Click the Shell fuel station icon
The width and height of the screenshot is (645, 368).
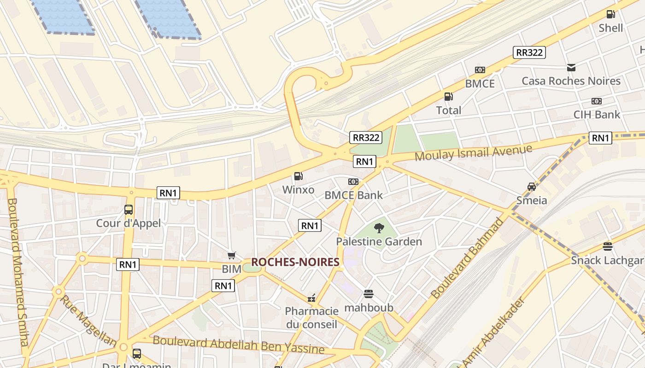[x=610, y=14]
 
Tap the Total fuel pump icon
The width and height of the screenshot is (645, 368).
[x=448, y=97]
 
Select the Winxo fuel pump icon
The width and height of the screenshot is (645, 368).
[x=298, y=176]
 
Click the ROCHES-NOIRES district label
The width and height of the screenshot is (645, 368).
[x=295, y=262]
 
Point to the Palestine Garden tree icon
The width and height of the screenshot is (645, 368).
[x=379, y=228]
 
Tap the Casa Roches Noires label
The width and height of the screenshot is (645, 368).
[x=571, y=81]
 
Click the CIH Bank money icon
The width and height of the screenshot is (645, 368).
[x=597, y=101]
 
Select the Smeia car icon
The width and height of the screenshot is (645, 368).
[x=532, y=187]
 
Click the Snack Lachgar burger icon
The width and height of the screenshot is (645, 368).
[x=608, y=247]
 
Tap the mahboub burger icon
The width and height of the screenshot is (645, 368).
[x=368, y=293]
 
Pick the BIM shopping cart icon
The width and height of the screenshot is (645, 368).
[x=232, y=255]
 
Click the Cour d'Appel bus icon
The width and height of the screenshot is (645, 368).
[x=129, y=210]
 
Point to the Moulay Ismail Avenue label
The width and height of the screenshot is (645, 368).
[x=474, y=153]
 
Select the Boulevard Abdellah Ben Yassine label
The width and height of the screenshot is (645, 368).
[x=239, y=345]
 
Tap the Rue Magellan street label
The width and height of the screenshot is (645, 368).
[x=88, y=321]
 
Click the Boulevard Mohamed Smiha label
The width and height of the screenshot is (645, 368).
[x=18, y=271]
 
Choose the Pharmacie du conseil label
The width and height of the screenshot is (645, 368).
[x=311, y=318]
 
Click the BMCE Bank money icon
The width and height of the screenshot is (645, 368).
[x=353, y=182]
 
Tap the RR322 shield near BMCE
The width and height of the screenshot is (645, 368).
[x=529, y=52]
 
